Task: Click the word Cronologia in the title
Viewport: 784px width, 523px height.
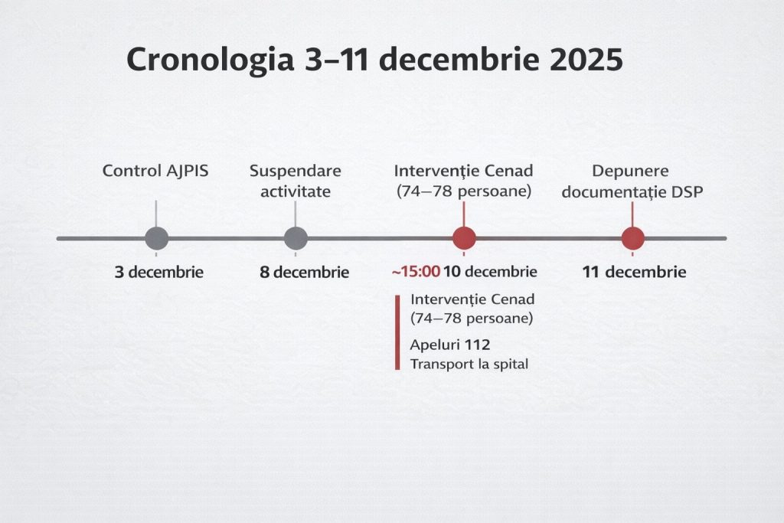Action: pyautogui.click(x=210, y=60)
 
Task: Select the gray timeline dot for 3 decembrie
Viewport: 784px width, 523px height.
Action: pyautogui.click(x=156, y=238)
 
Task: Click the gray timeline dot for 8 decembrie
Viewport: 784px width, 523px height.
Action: pyautogui.click(x=296, y=238)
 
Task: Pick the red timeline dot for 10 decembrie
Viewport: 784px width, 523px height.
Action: pyautogui.click(x=464, y=238)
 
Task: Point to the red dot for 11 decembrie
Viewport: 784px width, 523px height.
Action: pyautogui.click(x=632, y=238)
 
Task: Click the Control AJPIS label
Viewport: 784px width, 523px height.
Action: pyautogui.click(x=155, y=171)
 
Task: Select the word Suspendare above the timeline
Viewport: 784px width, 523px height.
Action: pyautogui.click(x=296, y=171)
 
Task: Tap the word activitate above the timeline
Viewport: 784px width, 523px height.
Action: pyautogui.click(x=296, y=191)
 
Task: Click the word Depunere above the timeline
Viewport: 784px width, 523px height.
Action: pyautogui.click(x=631, y=171)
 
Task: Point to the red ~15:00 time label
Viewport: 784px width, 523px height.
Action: pyautogui.click(x=416, y=272)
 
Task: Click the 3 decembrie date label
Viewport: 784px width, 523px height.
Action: pyautogui.click(x=159, y=272)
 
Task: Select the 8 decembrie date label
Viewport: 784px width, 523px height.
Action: pyautogui.click(x=305, y=272)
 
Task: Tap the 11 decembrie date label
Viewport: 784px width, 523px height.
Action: pyautogui.click(x=634, y=272)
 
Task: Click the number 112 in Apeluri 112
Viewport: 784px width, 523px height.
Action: pyautogui.click(x=477, y=345)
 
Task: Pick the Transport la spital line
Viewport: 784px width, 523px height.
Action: pyautogui.click(x=469, y=364)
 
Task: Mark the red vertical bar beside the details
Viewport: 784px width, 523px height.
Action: pyautogui.click(x=397, y=332)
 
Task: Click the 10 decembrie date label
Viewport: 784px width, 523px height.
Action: pyautogui.click(x=490, y=272)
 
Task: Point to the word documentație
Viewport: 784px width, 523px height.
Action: pyautogui.click(x=614, y=192)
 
